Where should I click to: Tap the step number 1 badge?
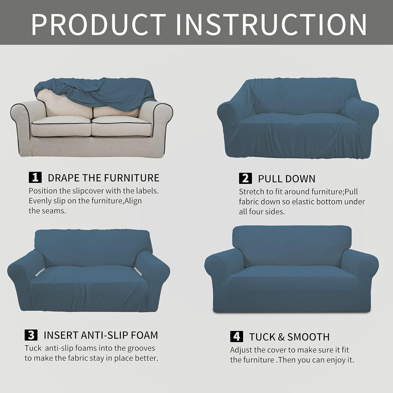[x=35, y=178]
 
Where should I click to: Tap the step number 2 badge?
[x=245, y=178]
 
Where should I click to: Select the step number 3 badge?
[x=31, y=335]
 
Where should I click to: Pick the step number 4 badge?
[x=236, y=337]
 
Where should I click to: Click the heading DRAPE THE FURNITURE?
[x=103, y=178]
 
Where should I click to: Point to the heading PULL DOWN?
[x=287, y=179]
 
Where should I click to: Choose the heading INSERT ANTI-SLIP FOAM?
[x=101, y=335]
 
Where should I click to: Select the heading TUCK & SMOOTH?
[x=289, y=337]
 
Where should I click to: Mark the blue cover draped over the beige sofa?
[x=105, y=92]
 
